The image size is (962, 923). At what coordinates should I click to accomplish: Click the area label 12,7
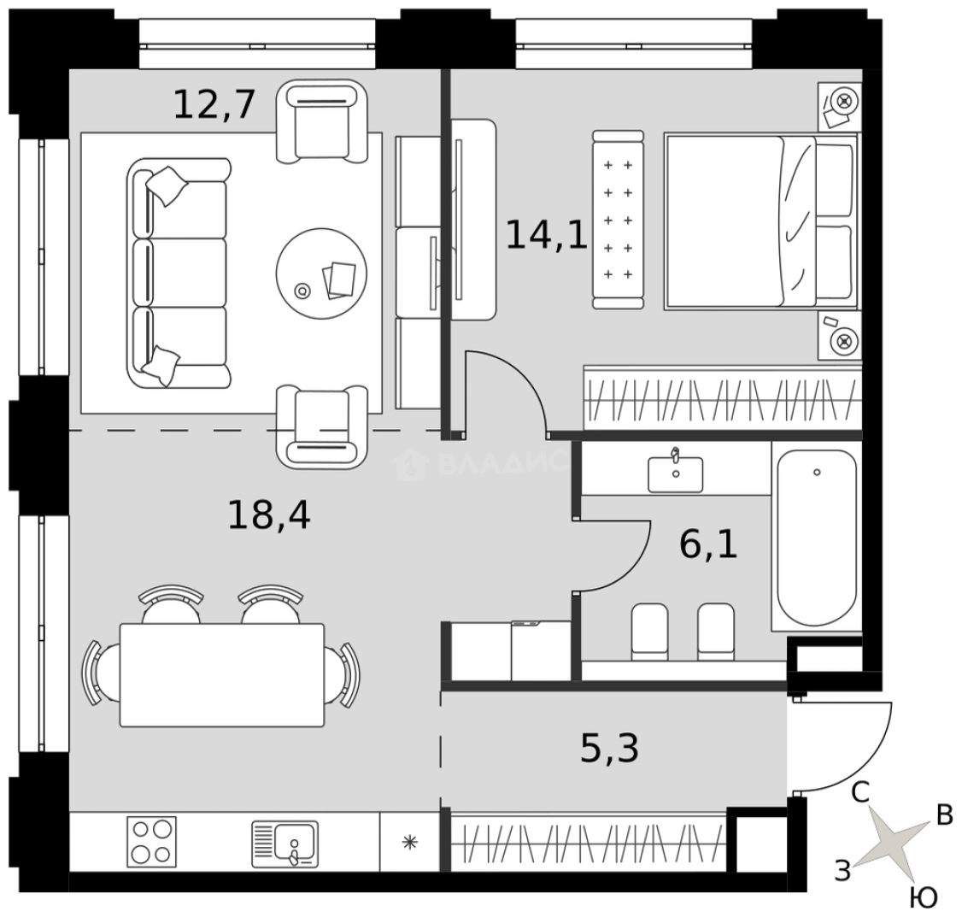(x=214, y=105)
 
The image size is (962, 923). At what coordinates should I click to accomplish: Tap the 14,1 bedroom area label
(x=547, y=235)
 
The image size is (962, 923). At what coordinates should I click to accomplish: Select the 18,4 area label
(x=269, y=514)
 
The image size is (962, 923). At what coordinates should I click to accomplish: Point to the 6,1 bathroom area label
(x=708, y=544)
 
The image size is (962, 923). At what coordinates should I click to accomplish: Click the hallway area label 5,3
(x=609, y=749)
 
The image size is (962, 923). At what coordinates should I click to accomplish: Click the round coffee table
(x=321, y=273)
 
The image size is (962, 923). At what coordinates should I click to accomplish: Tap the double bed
(x=760, y=221)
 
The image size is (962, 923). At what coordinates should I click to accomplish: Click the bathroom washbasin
(x=676, y=473)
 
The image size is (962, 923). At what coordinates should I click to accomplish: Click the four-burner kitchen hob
(x=151, y=841)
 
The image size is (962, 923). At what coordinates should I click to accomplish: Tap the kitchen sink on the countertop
(x=285, y=844)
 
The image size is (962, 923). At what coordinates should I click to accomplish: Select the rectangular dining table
(x=222, y=675)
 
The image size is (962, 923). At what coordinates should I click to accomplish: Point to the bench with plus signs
(x=619, y=220)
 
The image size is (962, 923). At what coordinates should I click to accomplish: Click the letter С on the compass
(x=860, y=793)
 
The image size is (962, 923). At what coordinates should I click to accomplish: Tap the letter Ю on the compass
(x=924, y=898)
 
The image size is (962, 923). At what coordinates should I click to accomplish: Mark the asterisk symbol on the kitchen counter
(x=410, y=842)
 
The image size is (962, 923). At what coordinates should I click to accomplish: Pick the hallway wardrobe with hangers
(x=588, y=841)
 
